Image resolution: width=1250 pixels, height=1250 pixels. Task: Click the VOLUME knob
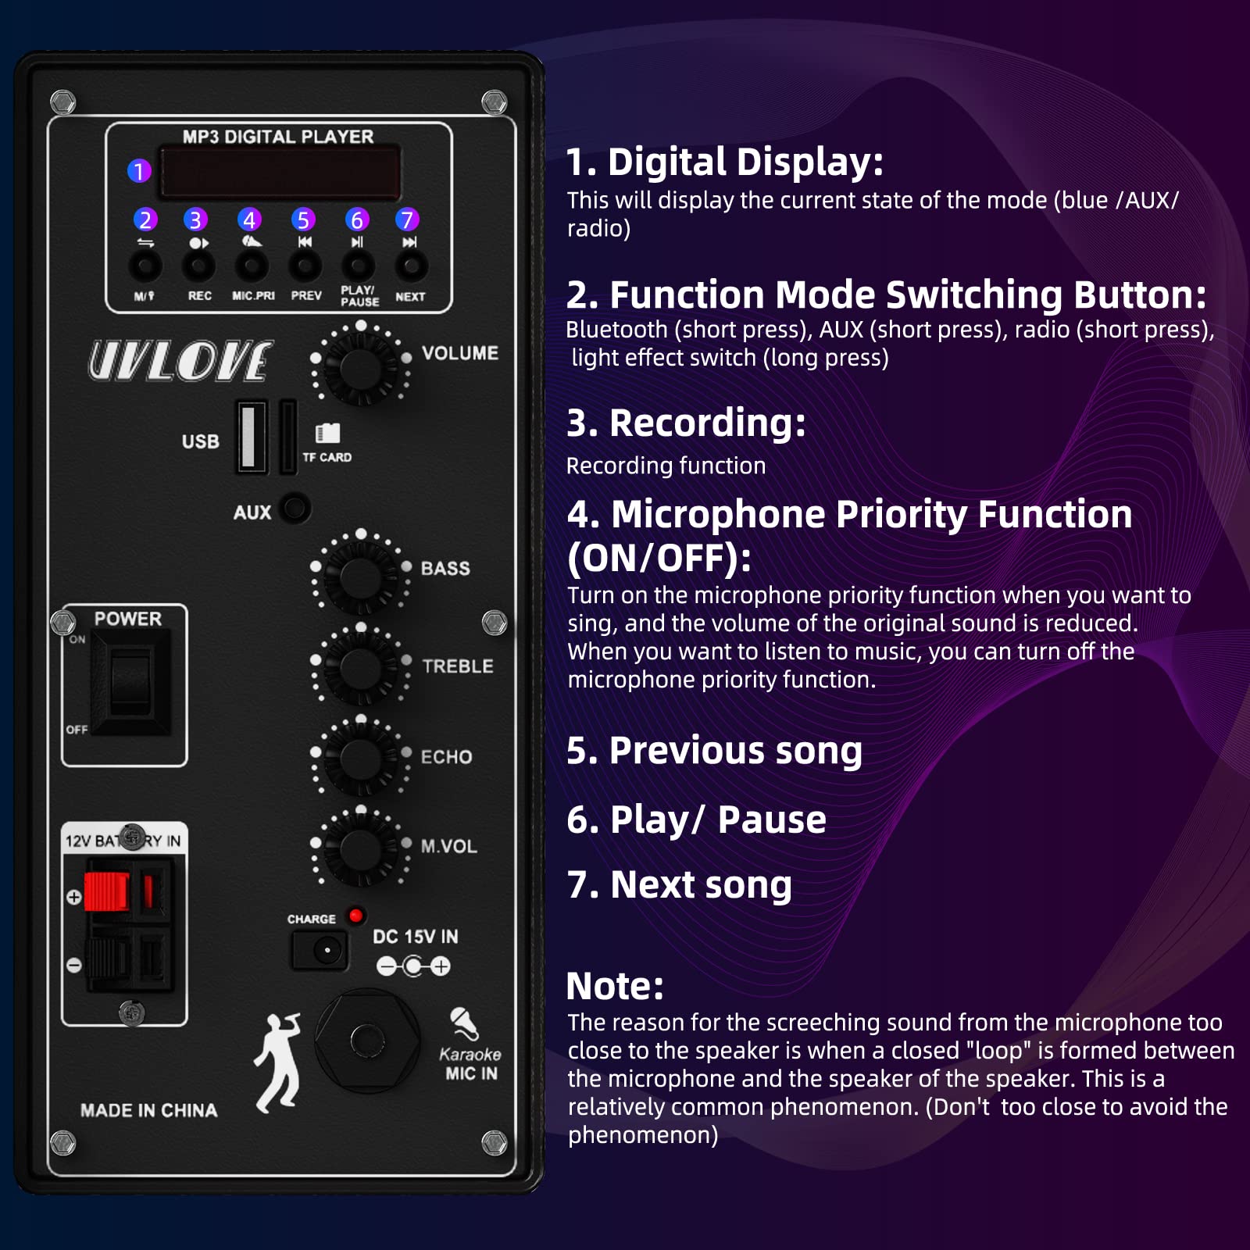(x=360, y=366)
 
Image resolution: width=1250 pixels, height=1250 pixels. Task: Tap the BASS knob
(x=360, y=577)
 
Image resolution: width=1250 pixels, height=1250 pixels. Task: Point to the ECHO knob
(x=360, y=758)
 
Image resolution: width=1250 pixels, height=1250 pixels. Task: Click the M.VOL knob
(x=360, y=848)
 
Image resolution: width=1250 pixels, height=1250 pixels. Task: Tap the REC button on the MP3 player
(x=198, y=266)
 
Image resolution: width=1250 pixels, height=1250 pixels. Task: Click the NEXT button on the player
(x=411, y=266)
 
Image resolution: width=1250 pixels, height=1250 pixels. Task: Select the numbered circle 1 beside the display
(x=139, y=170)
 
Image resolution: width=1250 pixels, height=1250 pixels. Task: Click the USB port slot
(x=252, y=437)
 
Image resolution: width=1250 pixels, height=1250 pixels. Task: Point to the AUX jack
(x=295, y=509)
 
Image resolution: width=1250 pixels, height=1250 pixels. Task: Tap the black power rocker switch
(x=130, y=682)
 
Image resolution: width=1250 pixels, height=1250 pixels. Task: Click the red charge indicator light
(x=356, y=915)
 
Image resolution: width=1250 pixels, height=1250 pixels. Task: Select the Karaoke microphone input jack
(x=367, y=1041)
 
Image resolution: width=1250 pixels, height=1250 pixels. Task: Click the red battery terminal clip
(x=105, y=892)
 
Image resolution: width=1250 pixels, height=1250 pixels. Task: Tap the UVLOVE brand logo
(x=180, y=361)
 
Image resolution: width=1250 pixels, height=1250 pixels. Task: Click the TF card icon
(x=327, y=433)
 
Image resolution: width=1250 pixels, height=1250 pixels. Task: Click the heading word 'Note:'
(x=615, y=986)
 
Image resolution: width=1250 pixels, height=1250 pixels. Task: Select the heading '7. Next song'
(x=680, y=884)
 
